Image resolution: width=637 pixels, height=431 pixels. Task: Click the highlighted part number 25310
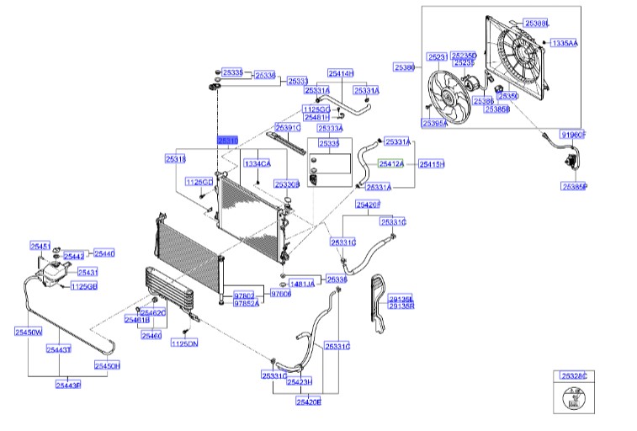pos(228,141)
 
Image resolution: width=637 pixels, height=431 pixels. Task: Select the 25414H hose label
pos(341,74)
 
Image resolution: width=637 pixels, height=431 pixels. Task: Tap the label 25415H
pos(431,163)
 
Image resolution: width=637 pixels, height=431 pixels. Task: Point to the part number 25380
pos(405,67)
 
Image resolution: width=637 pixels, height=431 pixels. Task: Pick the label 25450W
pos(28,333)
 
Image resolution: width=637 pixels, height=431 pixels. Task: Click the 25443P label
pos(68,385)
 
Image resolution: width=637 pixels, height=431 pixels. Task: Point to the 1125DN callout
pos(184,343)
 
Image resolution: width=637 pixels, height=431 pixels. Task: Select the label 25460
pos(151,336)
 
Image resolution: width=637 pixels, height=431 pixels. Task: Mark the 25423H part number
pos(299,381)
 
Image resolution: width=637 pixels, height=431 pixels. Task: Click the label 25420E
pos(308,402)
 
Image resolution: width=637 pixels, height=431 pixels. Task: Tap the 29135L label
pos(401,298)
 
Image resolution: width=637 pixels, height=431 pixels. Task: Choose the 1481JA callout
pos(301,285)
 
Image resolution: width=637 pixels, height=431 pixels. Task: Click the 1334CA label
pos(257,163)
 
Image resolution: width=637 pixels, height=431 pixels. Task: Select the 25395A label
pos(435,123)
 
